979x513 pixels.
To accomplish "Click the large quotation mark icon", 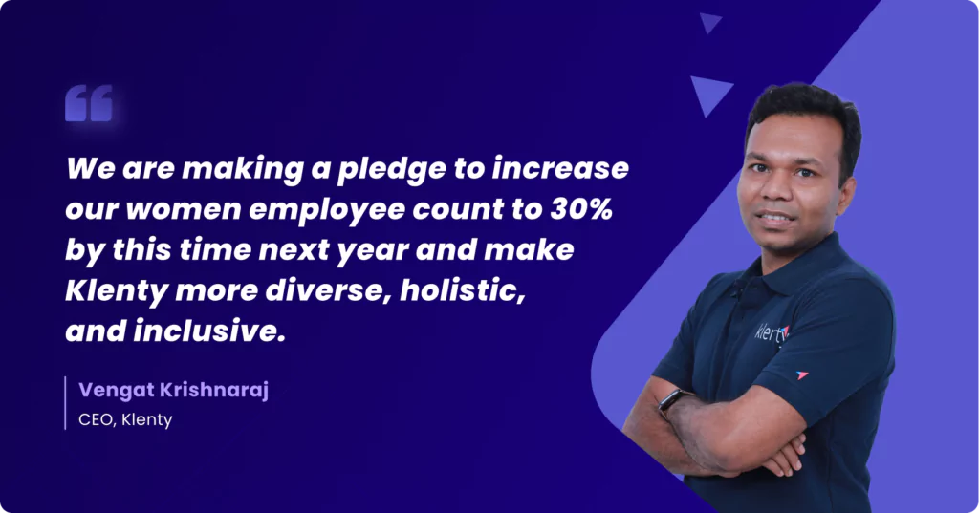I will coord(89,103).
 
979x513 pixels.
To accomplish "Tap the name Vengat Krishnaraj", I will coord(173,390).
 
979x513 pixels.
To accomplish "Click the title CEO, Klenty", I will coord(125,418).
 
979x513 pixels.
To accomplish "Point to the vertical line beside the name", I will coord(66,403).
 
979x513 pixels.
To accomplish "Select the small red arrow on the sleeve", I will coord(802,374).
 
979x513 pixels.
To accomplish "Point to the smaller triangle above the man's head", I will coord(709,22).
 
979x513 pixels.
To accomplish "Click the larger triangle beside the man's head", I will coord(710,94).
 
